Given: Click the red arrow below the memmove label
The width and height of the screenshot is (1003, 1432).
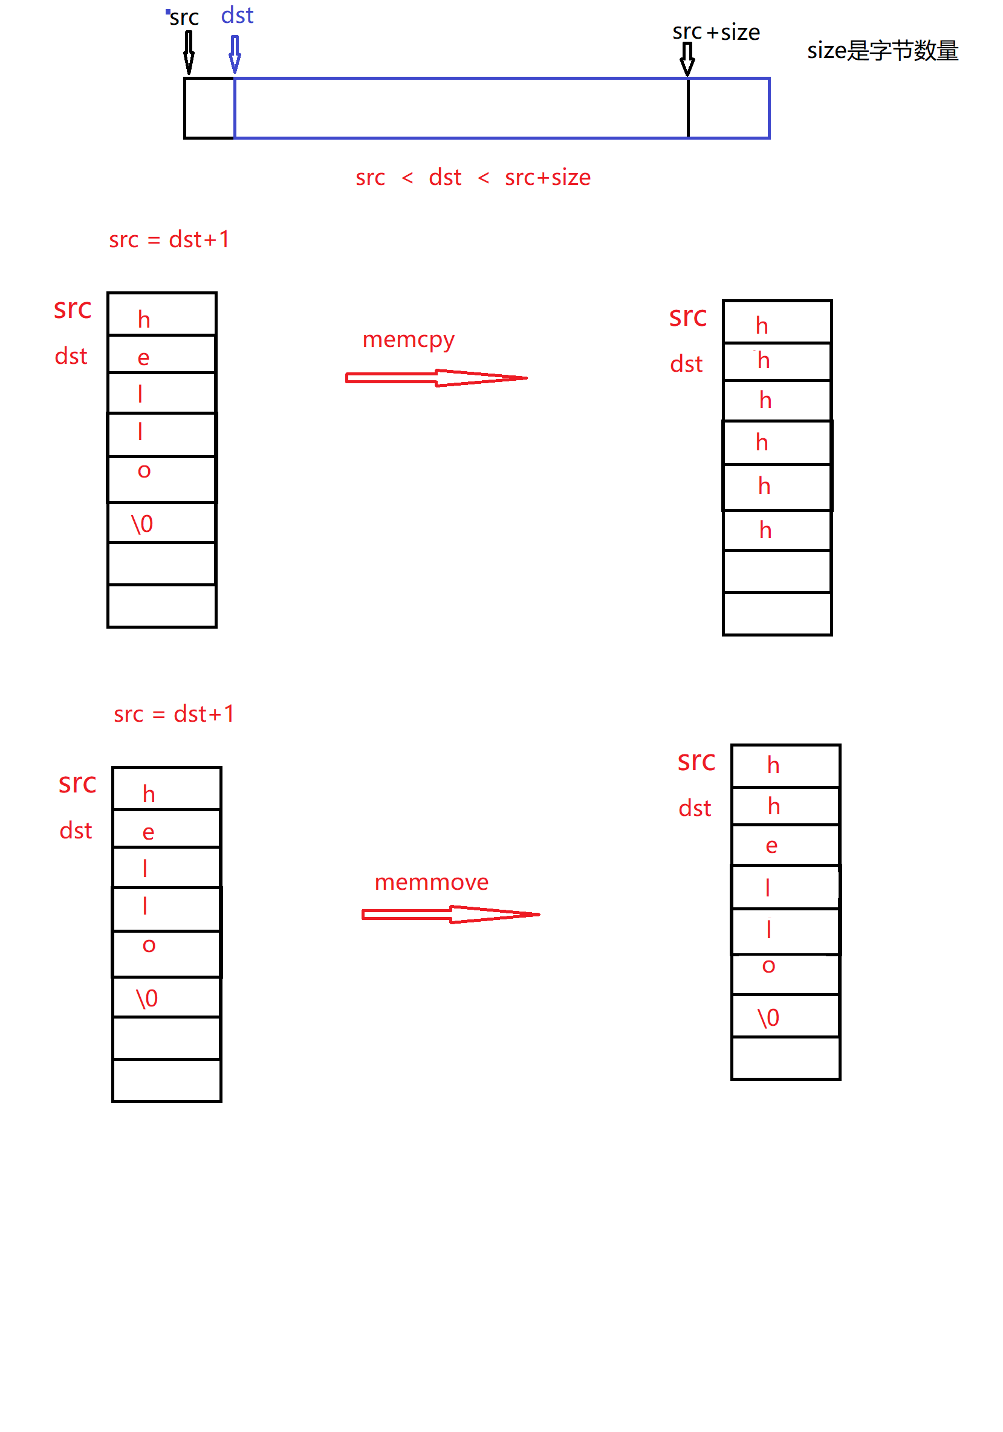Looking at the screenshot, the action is [450, 915].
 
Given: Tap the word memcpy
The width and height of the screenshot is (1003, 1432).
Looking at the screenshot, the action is [408, 340].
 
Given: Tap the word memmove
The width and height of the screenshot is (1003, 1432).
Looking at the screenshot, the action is [431, 882].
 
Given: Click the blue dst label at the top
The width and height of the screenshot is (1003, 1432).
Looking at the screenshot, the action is [237, 15].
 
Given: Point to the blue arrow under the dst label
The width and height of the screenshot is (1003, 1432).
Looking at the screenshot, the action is [235, 54].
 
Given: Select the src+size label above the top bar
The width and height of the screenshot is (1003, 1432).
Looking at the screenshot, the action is [715, 32].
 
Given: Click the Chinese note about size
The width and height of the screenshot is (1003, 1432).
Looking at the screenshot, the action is [882, 51].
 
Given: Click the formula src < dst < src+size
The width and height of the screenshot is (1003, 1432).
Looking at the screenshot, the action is [472, 178].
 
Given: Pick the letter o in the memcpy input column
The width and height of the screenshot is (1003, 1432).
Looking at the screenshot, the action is [144, 471].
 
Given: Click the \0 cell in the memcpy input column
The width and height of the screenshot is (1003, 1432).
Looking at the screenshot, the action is [142, 524].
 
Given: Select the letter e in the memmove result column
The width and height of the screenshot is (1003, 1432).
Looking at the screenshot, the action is [771, 846].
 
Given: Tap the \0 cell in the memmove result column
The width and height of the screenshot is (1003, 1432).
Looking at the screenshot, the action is [768, 1018].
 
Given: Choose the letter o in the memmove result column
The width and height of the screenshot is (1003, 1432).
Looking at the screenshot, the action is [768, 966].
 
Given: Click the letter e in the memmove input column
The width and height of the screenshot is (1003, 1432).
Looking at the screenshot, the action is [149, 832].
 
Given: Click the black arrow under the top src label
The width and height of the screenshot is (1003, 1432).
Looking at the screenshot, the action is [189, 53].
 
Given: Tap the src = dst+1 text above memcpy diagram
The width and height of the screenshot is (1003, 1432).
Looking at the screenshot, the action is [169, 239].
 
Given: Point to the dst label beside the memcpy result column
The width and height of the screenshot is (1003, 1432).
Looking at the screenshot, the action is [686, 364].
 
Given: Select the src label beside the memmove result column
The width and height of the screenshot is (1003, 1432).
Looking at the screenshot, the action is [696, 761].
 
